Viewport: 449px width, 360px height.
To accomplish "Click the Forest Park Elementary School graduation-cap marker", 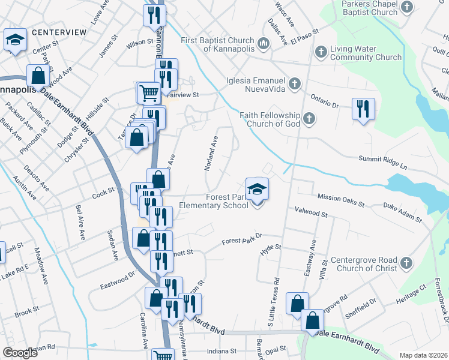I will (257, 189).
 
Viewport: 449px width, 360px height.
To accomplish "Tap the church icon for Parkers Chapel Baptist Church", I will (408, 7).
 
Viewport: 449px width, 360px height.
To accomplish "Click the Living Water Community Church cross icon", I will (321, 52).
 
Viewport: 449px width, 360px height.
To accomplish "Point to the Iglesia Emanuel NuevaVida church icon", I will (295, 83).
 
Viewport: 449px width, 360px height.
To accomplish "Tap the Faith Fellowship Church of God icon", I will (309, 118).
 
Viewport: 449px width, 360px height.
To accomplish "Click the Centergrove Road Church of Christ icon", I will (406, 263).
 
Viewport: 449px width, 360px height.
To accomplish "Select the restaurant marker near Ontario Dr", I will (363, 109).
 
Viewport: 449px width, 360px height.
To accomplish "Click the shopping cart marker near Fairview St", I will (148, 93).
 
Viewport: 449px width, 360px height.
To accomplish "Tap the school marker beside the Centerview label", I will (14, 40).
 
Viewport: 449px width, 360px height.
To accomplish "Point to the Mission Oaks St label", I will (341, 200).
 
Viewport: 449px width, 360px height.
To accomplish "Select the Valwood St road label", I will (310, 211).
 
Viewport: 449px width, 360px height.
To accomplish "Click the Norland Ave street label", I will (211, 152).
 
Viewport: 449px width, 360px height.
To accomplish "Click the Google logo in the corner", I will (21, 353).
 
